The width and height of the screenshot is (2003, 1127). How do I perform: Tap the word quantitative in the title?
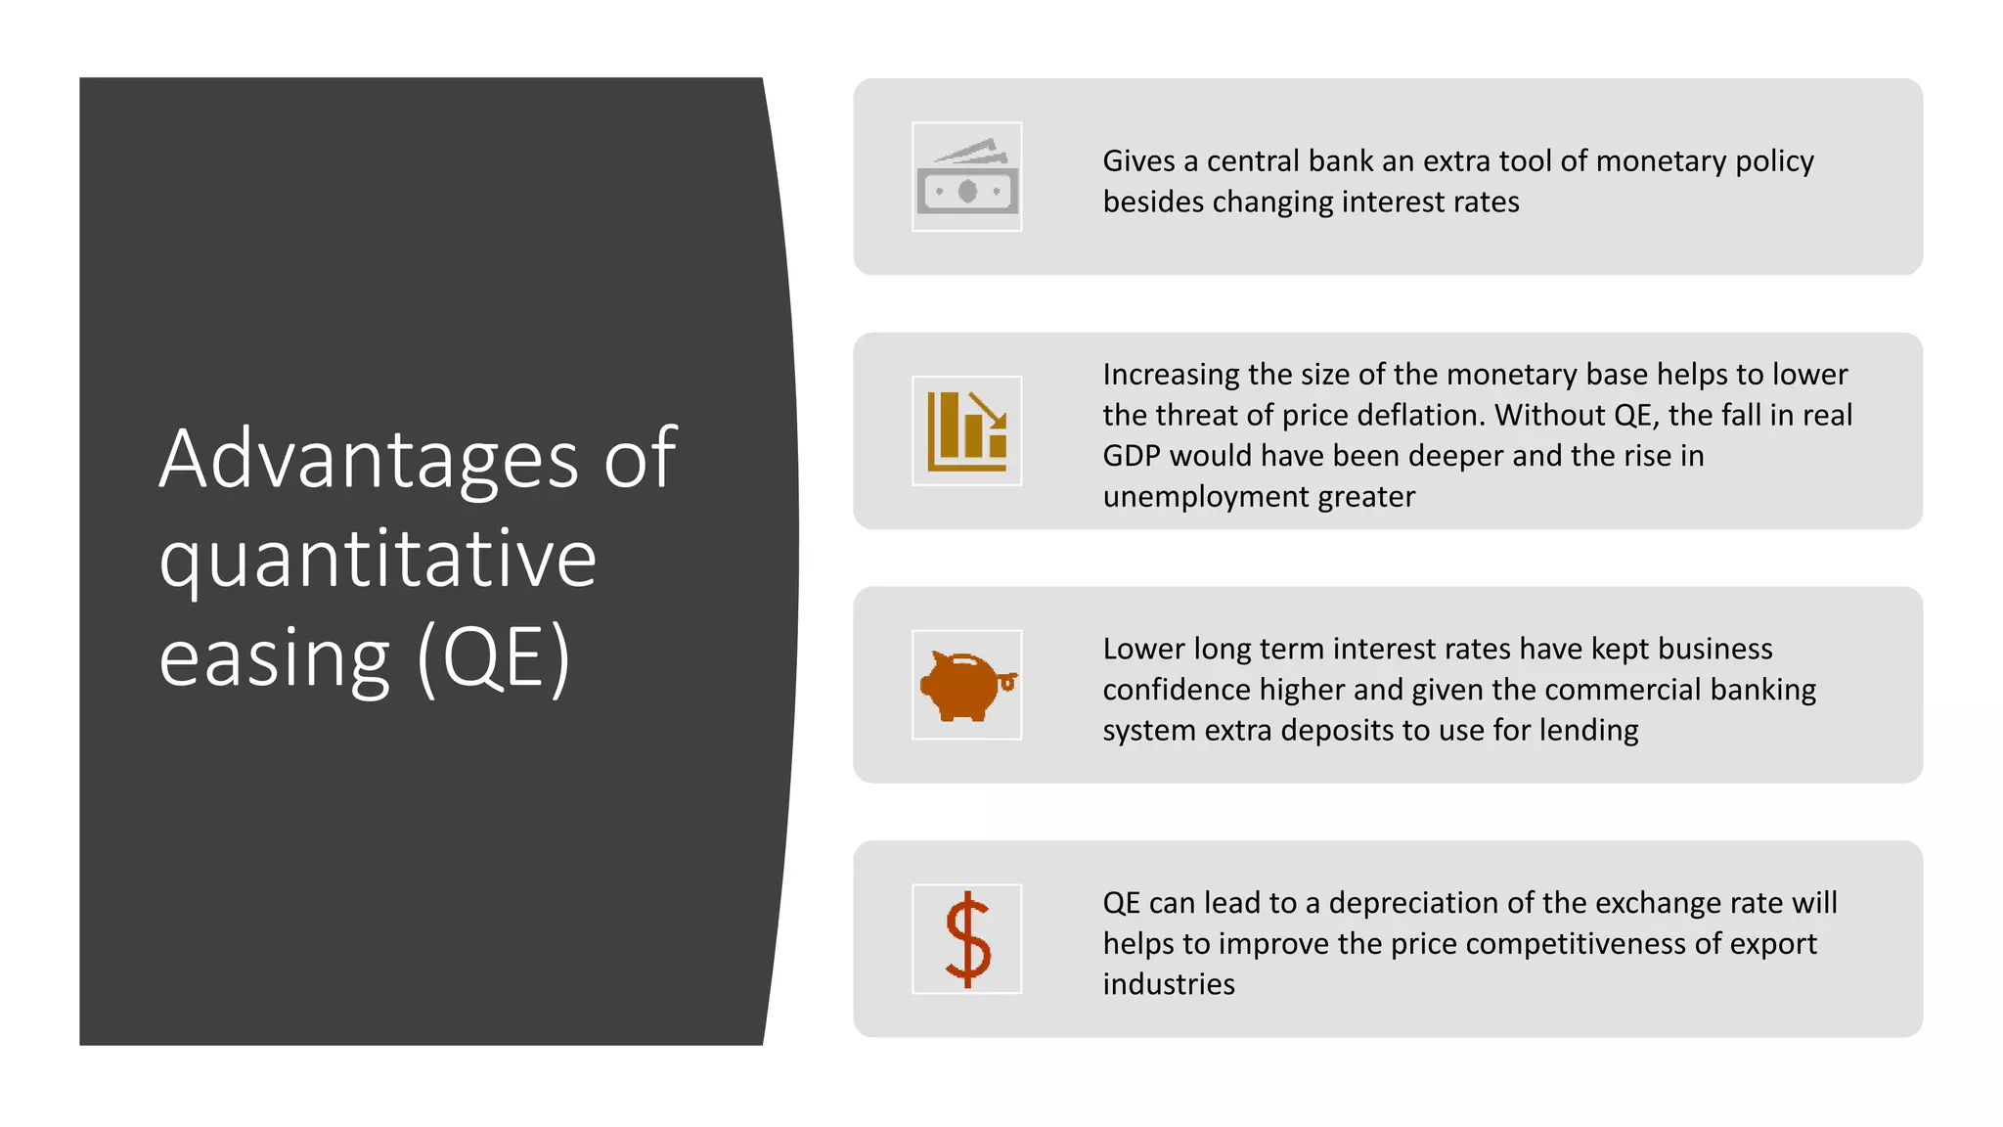click(x=378, y=559)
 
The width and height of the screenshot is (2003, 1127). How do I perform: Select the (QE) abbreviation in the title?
click(x=493, y=658)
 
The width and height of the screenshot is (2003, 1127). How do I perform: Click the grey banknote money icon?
click(x=966, y=178)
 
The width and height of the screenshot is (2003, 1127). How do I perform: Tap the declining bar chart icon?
click(x=966, y=431)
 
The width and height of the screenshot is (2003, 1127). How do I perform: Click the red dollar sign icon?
click(x=967, y=939)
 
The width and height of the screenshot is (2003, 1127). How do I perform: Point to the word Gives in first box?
click(x=1138, y=160)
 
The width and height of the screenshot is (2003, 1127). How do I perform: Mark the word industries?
click(x=1169, y=984)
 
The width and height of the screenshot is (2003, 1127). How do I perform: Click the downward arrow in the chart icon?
click(x=989, y=410)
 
